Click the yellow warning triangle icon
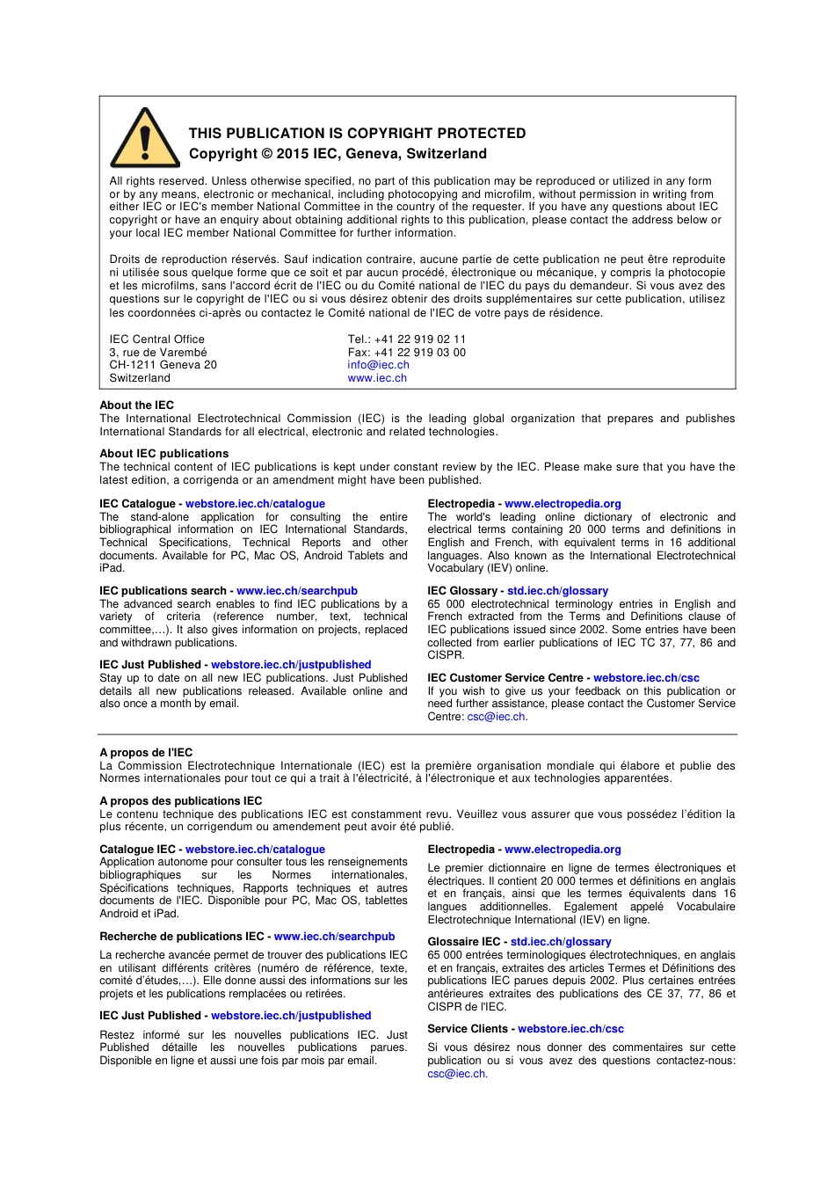pyautogui.click(x=145, y=140)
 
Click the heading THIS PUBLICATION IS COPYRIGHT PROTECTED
pyautogui.click(x=357, y=134)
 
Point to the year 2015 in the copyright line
pyautogui.click(x=293, y=154)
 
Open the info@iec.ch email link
pyautogui.click(x=378, y=365)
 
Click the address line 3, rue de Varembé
pyautogui.click(x=158, y=353)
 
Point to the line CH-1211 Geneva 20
pyautogui.click(x=163, y=365)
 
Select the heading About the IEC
pyautogui.click(x=136, y=405)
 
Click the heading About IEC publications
pyautogui.click(x=163, y=454)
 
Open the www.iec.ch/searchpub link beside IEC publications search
pyautogui.click(x=297, y=591)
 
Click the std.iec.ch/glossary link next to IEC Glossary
pyautogui.click(x=557, y=591)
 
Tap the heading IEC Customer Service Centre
pyautogui.click(x=505, y=678)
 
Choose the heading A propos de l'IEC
pyautogui.click(x=146, y=753)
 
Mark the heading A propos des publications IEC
pyautogui.click(x=180, y=801)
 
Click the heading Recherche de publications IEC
pyautogui.click(x=181, y=937)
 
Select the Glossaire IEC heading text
pyautogui.click(x=464, y=942)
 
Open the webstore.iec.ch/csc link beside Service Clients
pyautogui.click(x=570, y=1029)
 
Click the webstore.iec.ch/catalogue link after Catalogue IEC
pyautogui.click(x=255, y=850)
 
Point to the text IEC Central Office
pyautogui.click(x=156, y=339)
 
